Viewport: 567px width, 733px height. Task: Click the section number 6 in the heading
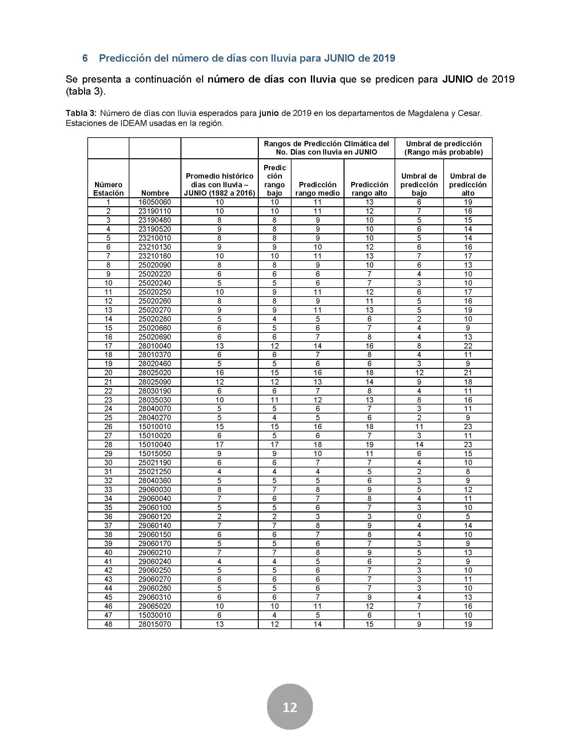[x=85, y=58]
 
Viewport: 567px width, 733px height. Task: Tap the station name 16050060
[x=154, y=202]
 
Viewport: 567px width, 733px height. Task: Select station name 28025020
[x=154, y=372]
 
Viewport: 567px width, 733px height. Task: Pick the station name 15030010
[x=154, y=615]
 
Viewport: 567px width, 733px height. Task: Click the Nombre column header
[x=155, y=193]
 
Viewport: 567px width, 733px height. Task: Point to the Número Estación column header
[x=108, y=189]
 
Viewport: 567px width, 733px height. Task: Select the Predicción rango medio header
[x=318, y=189]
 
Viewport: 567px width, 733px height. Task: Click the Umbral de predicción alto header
[x=468, y=184]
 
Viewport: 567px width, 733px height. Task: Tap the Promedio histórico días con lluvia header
[x=219, y=184]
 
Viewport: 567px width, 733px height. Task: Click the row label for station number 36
[x=108, y=516]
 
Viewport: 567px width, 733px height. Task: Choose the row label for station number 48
[x=108, y=624]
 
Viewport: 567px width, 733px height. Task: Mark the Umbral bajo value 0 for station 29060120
[x=419, y=516]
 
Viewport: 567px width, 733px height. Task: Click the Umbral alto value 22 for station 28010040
[x=468, y=346]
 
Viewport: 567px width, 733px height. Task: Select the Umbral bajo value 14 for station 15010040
[x=419, y=444]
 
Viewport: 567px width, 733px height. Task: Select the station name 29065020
[x=154, y=606]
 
